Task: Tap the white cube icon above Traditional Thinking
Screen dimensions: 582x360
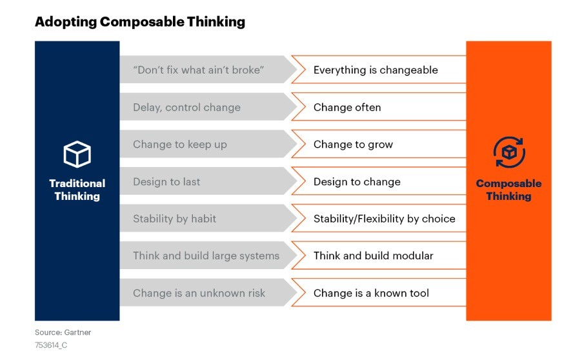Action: pyautogui.click(x=77, y=154)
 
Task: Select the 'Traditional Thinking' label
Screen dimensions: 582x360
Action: pyautogui.click(x=77, y=190)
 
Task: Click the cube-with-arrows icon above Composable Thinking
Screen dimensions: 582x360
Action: pyautogui.click(x=509, y=152)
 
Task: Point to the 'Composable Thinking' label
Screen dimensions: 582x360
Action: pyautogui.click(x=508, y=190)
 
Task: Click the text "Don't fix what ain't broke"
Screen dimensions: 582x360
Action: pyautogui.click(x=198, y=70)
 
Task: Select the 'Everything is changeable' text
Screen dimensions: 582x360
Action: pyautogui.click(x=376, y=70)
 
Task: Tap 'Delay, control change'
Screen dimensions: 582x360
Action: pyautogui.click(x=186, y=108)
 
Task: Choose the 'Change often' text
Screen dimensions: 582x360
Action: pyautogui.click(x=347, y=107)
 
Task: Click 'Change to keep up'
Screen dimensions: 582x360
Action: pyautogui.click(x=179, y=145)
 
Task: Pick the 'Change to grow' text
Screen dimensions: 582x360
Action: pyautogui.click(x=353, y=145)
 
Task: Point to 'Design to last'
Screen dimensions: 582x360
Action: pyautogui.click(x=166, y=181)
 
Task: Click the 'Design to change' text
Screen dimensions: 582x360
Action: pyautogui.click(x=357, y=181)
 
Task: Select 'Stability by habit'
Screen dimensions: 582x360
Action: pyautogui.click(x=174, y=219)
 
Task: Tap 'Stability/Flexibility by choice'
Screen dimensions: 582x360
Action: pyautogui.click(x=384, y=219)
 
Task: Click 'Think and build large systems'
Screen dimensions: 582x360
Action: pyautogui.click(x=206, y=255)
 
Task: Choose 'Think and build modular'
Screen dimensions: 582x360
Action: pyautogui.click(x=374, y=255)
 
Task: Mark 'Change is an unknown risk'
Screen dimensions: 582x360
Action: pyautogui.click(x=199, y=293)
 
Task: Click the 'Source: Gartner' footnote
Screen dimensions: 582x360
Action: pyautogui.click(x=63, y=332)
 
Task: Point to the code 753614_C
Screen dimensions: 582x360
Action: pyautogui.click(x=51, y=345)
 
